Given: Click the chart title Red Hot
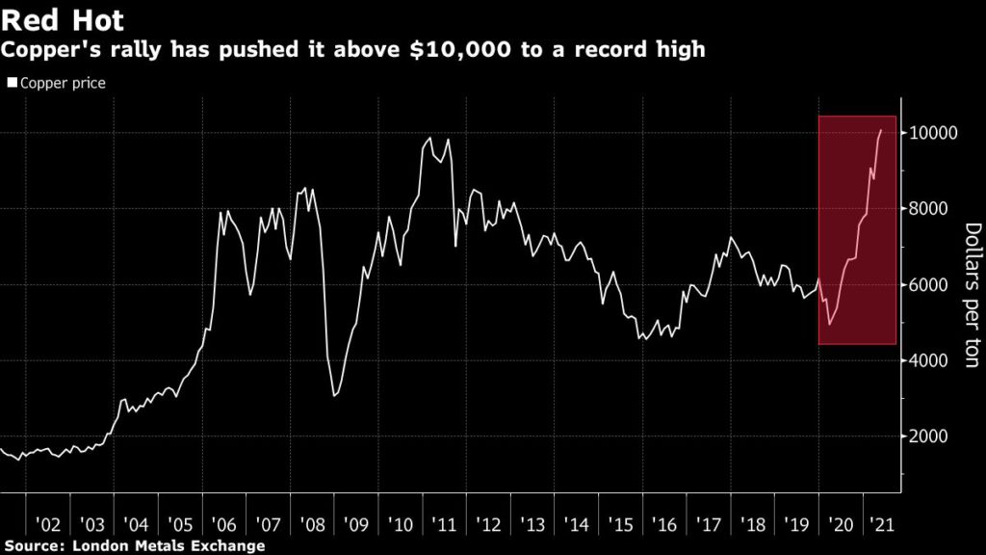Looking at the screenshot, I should point(64,20).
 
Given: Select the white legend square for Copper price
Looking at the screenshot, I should point(12,83).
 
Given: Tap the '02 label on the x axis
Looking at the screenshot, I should point(47,526).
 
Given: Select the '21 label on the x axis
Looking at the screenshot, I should point(878,526).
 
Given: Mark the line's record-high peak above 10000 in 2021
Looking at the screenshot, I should point(880,130).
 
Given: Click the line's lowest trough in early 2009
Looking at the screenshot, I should point(334,395).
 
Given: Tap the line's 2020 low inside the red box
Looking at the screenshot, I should point(829,324).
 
